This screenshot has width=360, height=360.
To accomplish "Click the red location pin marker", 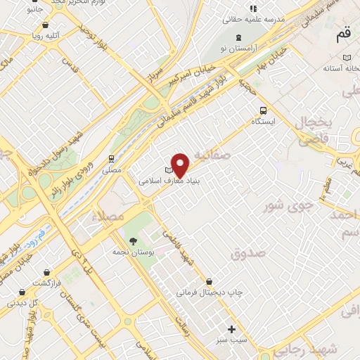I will [x=181, y=165].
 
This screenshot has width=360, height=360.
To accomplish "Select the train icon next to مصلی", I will [x=111, y=158].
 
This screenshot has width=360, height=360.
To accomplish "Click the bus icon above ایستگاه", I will [x=264, y=110].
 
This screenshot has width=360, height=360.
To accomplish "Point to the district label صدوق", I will [x=247, y=251].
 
